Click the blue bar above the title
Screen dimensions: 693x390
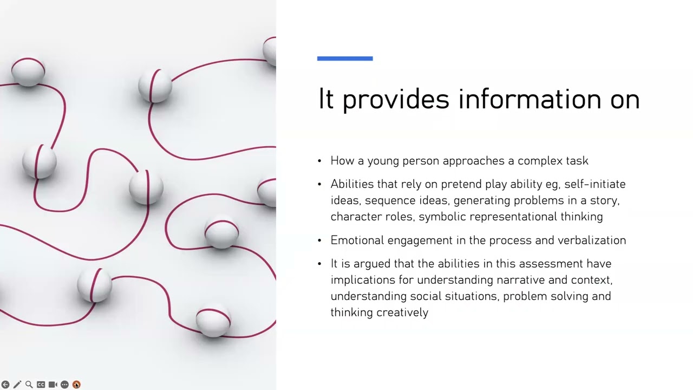click(x=345, y=58)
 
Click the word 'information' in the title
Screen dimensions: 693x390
click(x=529, y=99)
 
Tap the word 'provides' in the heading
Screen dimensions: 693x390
click(x=396, y=100)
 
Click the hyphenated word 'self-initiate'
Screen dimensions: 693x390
click(x=595, y=184)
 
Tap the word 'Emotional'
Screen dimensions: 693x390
click(x=357, y=240)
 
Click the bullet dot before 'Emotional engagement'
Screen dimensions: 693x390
click(x=319, y=240)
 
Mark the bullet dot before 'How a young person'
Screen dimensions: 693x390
click(x=319, y=161)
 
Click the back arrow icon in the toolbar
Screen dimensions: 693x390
click(x=5, y=385)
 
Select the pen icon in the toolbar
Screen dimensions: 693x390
click(x=17, y=385)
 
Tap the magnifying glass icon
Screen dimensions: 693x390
click(x=29, y=385)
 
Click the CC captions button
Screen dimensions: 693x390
click(x=41, y=385)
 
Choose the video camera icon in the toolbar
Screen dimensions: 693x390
click(x=53, y=385)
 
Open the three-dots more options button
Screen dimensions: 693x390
click(x=64, y=385)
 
